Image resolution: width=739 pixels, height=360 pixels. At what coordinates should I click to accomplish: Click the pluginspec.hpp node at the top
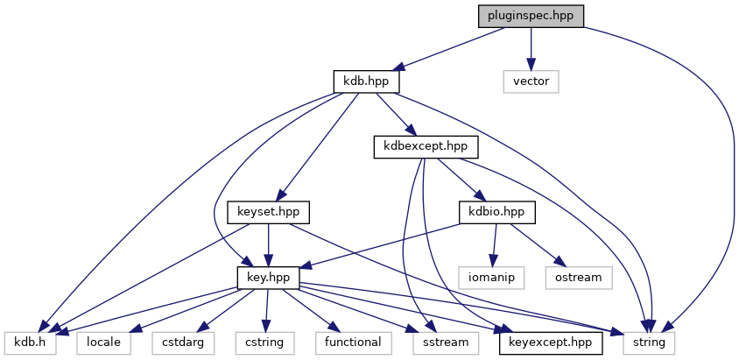(x=531, y=16)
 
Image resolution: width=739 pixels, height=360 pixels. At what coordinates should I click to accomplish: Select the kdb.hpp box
(x=367, y=81)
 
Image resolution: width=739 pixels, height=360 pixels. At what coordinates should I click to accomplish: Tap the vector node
(x=531, y=81)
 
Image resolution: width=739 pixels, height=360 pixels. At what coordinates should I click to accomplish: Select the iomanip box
(x=492, y=277)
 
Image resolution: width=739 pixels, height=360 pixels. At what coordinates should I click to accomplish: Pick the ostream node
(x=578, y=277)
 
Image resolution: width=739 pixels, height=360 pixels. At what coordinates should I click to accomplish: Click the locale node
(x=104, y=342)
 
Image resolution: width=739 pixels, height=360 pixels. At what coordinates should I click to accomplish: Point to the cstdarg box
(x=182, y=342)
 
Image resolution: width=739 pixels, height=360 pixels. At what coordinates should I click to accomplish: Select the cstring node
(x=264, y=342)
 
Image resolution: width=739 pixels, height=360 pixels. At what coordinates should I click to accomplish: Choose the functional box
(x=353, y=342)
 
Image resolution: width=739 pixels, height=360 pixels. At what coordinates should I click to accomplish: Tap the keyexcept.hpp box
(x=551, y=342)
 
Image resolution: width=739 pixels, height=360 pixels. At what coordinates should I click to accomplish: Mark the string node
(x=649, y=342)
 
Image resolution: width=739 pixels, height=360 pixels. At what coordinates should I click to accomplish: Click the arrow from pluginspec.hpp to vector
(x=531, y=48)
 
